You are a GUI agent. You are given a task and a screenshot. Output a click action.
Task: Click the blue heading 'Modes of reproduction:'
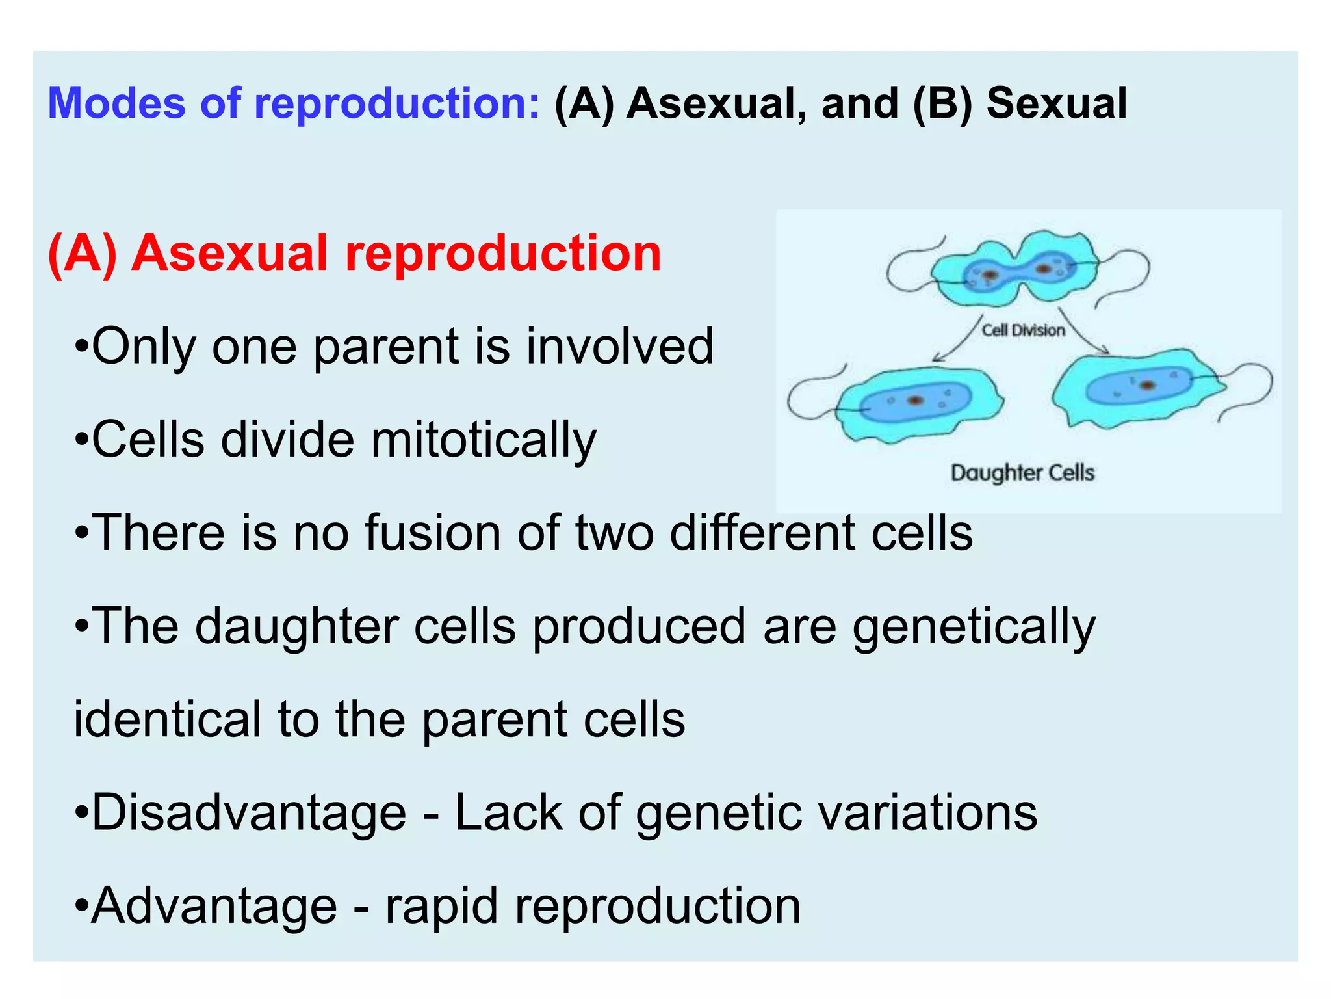294,104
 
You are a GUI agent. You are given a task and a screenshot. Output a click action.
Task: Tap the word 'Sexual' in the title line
1057,104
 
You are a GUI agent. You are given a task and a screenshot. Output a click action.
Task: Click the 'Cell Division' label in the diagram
1023,330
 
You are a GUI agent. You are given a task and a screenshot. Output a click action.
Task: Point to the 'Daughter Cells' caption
1022,473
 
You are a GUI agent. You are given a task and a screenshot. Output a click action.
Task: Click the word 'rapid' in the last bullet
442,907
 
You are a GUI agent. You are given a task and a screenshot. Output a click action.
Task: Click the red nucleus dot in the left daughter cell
915,400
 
